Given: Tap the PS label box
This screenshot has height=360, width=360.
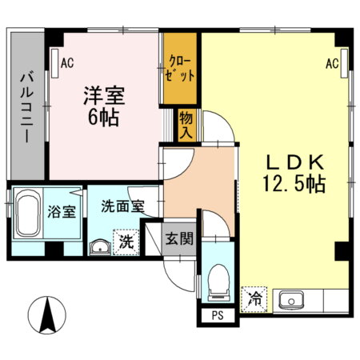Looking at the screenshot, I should [x=217, y=315].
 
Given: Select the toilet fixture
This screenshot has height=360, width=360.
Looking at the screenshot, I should [x=217, y=282].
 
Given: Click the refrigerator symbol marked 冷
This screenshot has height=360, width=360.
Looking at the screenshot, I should [x=255, y=300].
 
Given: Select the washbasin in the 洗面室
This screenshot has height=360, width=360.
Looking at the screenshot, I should [x=101, y=245].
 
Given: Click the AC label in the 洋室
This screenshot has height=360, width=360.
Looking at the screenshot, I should [x=66, y=58].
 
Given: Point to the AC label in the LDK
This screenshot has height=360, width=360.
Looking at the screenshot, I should [x=333, y=64].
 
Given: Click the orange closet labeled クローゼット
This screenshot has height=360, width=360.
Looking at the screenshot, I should [x=181, y=68].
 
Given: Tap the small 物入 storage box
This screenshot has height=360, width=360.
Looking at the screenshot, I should [x=186, y=125].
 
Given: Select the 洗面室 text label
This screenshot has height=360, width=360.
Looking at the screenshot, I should [x=122, y=206].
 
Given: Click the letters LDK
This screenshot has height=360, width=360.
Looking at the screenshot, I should [x=293, y=158].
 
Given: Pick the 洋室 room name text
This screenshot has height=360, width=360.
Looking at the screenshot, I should [x=103, y=94].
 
